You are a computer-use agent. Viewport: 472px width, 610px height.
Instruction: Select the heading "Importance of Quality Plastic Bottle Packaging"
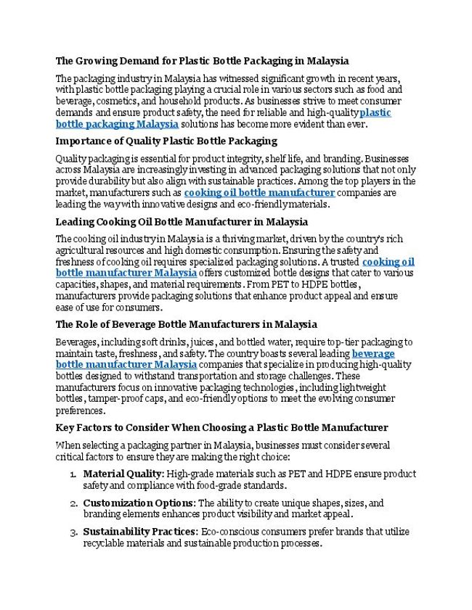(x=166, y=141)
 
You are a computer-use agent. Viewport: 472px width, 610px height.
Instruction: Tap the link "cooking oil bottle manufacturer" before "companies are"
(x=259, y=193)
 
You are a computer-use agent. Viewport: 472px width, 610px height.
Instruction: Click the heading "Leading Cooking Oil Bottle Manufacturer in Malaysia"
(x=182, y=221)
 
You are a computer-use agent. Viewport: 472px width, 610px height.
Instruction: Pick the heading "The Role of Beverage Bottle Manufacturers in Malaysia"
(x=186, y=324)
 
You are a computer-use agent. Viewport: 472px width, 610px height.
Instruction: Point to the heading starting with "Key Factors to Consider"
(x=221, y=427)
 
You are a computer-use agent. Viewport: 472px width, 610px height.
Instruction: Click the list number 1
(x=73, y=474)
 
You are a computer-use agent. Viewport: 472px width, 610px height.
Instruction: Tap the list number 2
(x=73, y=503)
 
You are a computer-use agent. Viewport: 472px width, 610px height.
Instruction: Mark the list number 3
(x=73, y=532)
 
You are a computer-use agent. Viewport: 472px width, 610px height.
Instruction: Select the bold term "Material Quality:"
(x=123, y=474)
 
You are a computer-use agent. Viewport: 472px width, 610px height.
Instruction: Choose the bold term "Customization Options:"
(x=139, y=503)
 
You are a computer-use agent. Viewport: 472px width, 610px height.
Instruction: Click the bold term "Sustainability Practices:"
(x=140, y=532)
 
